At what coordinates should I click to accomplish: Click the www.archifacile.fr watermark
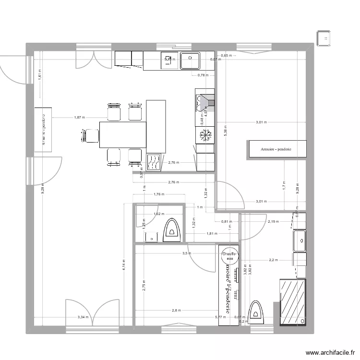coord(329,351)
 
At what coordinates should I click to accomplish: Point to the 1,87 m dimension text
coord(79,118)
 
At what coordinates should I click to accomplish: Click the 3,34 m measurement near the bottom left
coord(83,317)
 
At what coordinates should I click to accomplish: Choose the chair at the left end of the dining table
coord(89,136)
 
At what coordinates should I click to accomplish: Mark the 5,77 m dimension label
coord(220,317)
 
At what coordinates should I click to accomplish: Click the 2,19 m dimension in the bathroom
coord(273,222)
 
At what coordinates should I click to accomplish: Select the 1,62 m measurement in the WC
coord(158,215)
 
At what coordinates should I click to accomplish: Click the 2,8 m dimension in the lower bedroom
coord(178,311)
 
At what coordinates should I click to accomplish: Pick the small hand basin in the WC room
coord(152,237)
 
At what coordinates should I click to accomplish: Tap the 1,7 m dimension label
coord(284,183)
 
